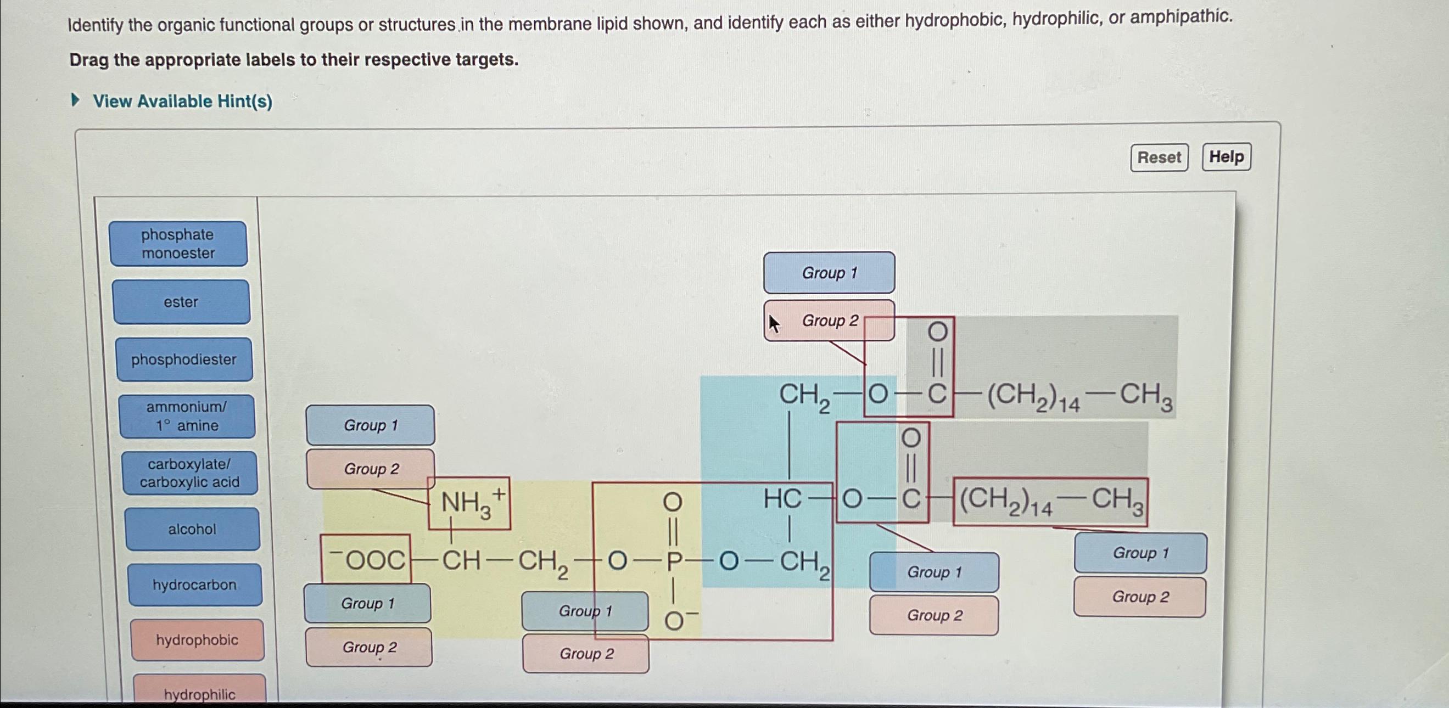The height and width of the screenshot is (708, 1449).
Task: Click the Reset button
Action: [x=1159, y=158]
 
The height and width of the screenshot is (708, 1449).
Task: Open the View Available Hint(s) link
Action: [x=182, y=101]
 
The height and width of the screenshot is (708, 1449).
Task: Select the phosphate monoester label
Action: [x=178, y=244]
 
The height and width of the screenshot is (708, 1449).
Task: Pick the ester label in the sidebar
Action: [x=181, y=302]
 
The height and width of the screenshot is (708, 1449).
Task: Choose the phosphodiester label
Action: [x=184, y=359]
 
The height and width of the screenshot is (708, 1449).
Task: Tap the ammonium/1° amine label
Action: [x=187, y=416]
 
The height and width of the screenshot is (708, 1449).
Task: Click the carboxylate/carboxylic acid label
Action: [x=189, y=473]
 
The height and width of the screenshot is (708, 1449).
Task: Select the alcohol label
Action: [x=192, y=529]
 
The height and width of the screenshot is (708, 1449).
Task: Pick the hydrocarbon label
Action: [x=194, y=585]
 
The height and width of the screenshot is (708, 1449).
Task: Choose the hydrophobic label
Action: [x=197, y=640]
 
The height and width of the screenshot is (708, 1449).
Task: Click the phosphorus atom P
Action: [x=674, y=561]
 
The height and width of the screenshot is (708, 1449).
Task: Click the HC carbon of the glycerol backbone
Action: [x=782, y=499]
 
